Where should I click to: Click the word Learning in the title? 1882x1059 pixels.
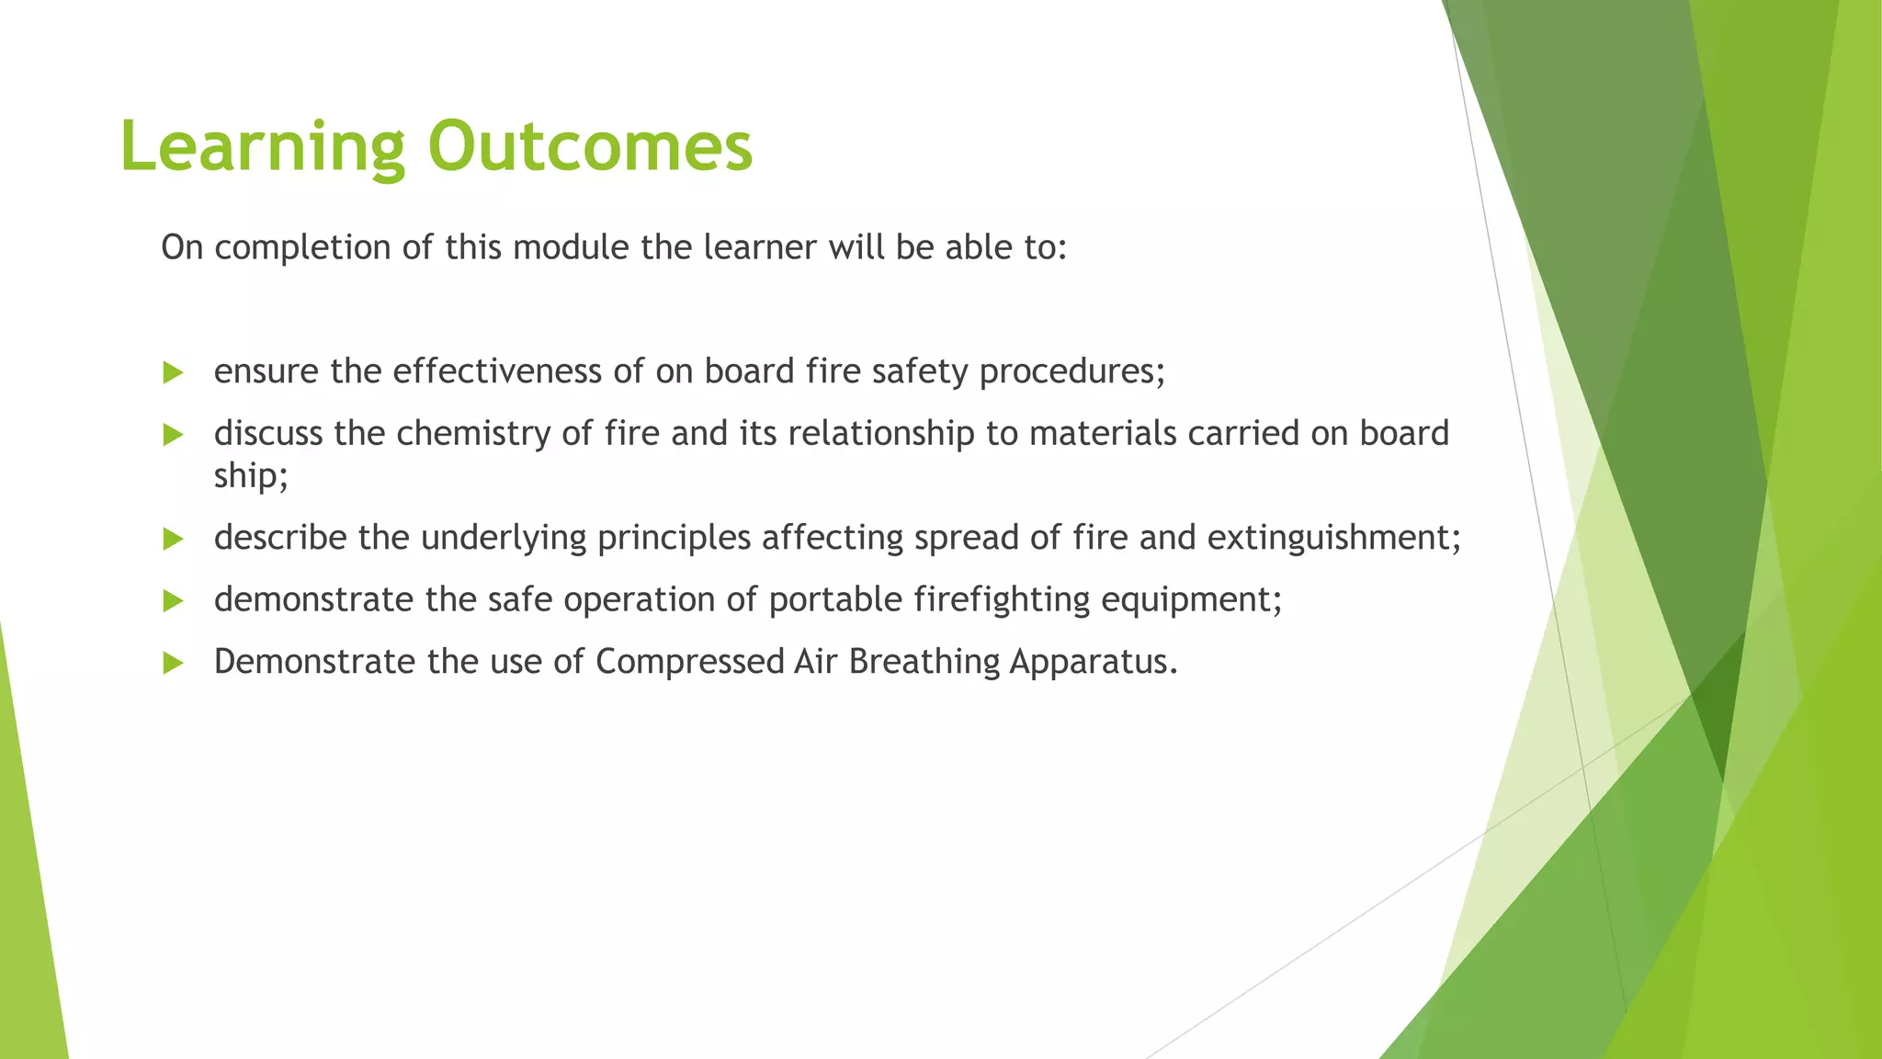point(262,147)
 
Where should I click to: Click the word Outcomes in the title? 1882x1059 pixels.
point(590,147)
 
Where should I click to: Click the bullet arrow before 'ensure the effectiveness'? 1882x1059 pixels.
point(173,372)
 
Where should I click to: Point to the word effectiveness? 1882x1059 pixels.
point(497,371)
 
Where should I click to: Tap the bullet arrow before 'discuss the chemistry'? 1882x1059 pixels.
point(173,435)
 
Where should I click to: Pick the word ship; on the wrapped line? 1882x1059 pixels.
point(251,476)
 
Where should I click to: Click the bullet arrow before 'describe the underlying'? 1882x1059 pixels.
point(173,539)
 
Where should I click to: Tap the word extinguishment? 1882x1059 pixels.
point(1332,538)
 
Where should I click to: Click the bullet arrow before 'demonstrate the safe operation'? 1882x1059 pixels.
point(173,601)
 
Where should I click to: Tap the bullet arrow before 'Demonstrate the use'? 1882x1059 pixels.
point(173,663)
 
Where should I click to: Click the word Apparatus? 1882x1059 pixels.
point(1093,662)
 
